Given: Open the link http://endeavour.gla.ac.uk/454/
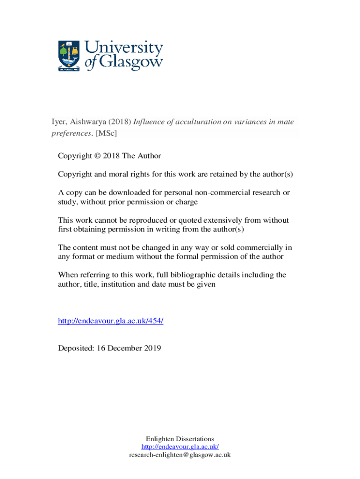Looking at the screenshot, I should (x=110, y=321).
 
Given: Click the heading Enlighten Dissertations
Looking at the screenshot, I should (x=180, y=439).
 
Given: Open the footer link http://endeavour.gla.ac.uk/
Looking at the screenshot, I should (x=180, y=447).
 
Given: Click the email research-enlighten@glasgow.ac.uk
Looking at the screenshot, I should (x=180, y=455).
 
